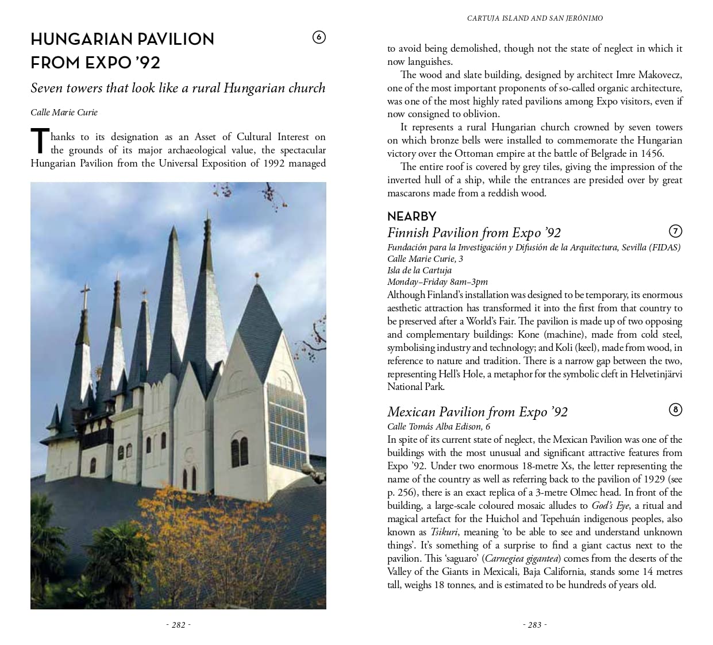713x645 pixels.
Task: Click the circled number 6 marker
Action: tap(319, 37)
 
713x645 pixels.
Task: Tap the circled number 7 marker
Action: tap(675, 231)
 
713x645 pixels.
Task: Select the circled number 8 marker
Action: tap(675, 410)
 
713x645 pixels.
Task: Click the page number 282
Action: tap(178, 625)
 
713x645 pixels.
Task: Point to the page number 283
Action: tap(534, 625)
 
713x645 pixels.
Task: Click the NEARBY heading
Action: tap(411, 217)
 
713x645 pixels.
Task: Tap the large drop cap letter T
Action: tap(40, 142)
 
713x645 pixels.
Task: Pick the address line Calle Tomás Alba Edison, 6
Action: tap(438, 426)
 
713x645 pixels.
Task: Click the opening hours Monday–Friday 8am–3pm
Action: tap(437, 281)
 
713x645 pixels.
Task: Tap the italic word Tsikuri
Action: tap(444, 532)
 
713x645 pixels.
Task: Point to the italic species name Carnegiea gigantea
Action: tap(522, 558)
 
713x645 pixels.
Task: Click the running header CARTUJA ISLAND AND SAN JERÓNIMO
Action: tap(534, 18)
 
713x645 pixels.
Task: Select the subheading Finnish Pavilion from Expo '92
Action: tap(473, 233)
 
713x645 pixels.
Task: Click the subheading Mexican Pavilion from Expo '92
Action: tap(477, 412)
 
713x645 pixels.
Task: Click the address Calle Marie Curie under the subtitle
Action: tap(64, 113)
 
